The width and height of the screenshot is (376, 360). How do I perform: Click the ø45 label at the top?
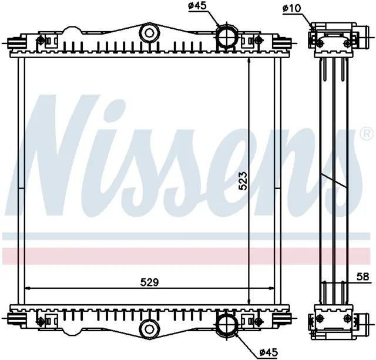(197, 6)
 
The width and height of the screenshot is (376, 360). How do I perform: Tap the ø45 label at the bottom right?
(268, 352)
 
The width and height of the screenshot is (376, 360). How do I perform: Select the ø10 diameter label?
(291, 9)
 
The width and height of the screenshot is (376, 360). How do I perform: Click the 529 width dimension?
(149, 282)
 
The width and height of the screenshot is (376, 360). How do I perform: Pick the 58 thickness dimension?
(363, 277)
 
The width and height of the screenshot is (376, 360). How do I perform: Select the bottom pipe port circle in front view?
(227, 324)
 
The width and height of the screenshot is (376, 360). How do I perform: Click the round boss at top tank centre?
(149, 32)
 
